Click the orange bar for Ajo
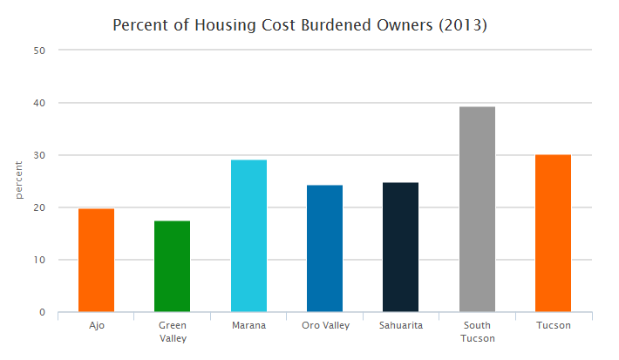tap(96, 260)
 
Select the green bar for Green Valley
tap(172, 266)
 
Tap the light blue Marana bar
tap(248, 235)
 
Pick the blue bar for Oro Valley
tap(324, 248)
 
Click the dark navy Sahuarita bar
tap(401, 247)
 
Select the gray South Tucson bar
tap(477, 209)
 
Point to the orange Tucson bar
tap(553, 233)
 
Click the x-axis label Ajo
tap(96, 325)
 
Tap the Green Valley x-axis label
tap(172, 331)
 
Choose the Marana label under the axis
tap(248, 325)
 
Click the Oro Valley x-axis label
tap(324, 325)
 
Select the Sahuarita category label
tap(401, 325)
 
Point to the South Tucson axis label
tap(477, 331)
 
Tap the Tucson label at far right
tap(553, 325)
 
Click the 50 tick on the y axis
tap(39, 51)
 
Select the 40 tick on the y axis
tap(39, 103)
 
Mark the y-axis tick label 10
tap(39, 260)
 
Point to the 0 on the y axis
tap(43, 312)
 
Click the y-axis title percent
tap(18, 180)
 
